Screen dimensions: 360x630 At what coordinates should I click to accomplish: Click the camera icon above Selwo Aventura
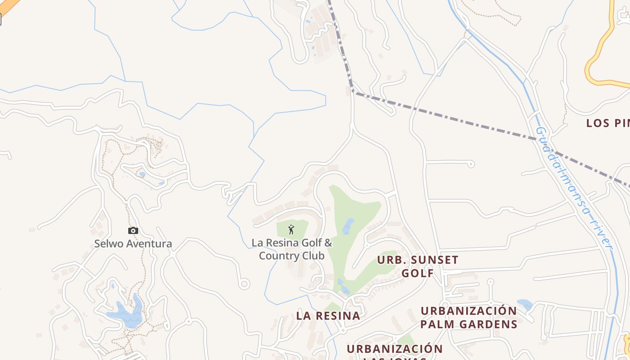[x=133, y=231]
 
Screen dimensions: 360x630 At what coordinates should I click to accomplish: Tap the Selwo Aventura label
[x=133, y=244]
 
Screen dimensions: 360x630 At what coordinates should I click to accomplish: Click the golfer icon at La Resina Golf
[x=291, y=229]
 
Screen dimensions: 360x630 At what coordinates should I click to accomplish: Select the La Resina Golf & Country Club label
[x=292, y=249]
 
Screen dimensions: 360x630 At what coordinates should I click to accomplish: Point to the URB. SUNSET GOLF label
[x=418, y=266]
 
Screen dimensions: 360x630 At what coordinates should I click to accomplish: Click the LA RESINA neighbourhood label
[x=328, y=316]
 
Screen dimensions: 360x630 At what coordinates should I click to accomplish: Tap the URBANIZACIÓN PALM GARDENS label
[x=469, y=317]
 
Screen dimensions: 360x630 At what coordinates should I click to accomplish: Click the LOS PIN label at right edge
[x=607, y=123]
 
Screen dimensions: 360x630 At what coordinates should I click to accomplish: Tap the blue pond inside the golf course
[x=348, y=226]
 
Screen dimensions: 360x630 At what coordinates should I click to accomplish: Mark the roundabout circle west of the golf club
[x=244, y=284]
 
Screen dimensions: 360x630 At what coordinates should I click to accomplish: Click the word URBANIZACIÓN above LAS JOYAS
[x=395, y=349]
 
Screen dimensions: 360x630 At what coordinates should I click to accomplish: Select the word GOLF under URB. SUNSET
[x=418, y=273]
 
